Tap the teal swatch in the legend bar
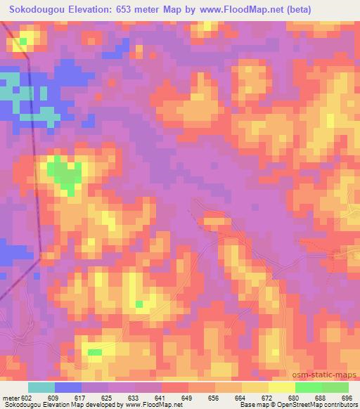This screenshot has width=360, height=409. coord(41,387)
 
